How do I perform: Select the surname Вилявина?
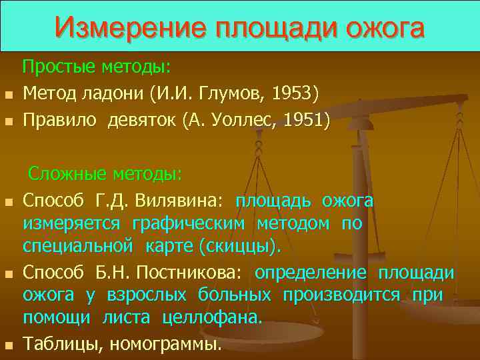point(176,201)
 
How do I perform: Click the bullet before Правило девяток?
point(9,122)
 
